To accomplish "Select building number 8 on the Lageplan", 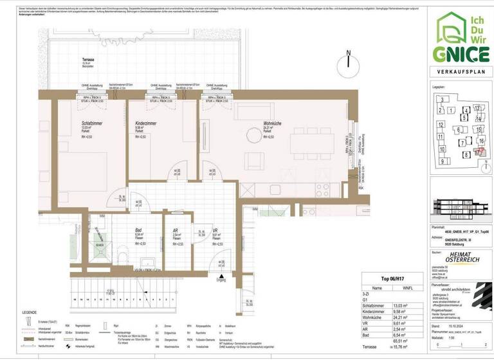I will point(466,155).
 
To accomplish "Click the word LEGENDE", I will point(30,312).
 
